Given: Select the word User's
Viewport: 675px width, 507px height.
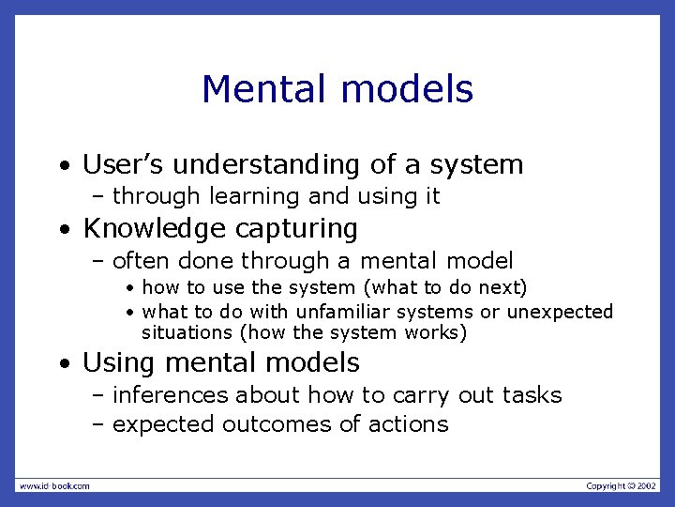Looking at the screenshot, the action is point(123,165).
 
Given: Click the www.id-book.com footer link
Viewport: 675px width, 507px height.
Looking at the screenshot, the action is point(54,485).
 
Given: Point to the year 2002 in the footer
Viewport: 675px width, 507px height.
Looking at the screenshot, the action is point(647,485).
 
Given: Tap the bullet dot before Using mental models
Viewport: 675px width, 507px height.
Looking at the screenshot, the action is point(63,364).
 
